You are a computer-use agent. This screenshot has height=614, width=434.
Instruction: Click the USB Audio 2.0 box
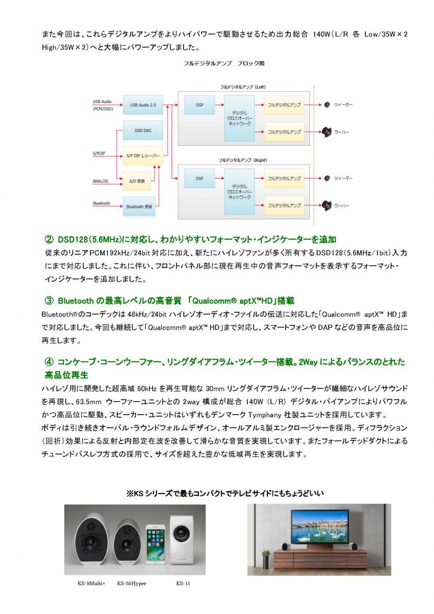(x=143, y=105)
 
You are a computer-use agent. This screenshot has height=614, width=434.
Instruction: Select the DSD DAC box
(x=143, y=130)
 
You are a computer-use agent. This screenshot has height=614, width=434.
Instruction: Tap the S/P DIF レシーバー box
(x=143, y=156)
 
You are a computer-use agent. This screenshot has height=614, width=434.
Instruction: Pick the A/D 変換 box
(x=137, y=181)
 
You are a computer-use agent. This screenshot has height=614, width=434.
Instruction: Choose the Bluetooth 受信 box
(x=139, y=206)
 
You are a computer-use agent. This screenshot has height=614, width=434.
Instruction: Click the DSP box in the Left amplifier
(x=200, y=105)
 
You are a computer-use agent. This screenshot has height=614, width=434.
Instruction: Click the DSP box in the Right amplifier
(x=200, y=179)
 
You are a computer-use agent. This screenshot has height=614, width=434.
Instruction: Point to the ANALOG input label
(x=100, y=181)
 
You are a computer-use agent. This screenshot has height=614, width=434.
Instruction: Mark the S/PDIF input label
(x=99, y=153)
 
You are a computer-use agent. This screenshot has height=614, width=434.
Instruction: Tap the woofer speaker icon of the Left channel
(x=327, y=132)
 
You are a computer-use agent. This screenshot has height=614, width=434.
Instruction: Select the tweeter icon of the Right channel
(x=327, y=178)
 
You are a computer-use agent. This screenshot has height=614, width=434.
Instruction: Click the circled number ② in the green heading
(x=49, y=240)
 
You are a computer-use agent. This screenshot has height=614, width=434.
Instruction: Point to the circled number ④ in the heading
(x=49, y=362)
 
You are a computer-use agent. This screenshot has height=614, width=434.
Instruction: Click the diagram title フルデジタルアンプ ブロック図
(x=224, y=63)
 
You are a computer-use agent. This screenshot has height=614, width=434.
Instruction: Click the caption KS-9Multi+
(x=92, y=583)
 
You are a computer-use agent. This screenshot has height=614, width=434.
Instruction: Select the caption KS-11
(x=183, y=583)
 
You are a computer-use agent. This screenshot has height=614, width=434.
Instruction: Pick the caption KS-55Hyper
(x=131, y=583)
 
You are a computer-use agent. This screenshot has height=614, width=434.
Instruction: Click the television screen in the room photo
(x=320, y=526)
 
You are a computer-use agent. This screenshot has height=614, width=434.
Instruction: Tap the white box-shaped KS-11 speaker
(x=180, y=538)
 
